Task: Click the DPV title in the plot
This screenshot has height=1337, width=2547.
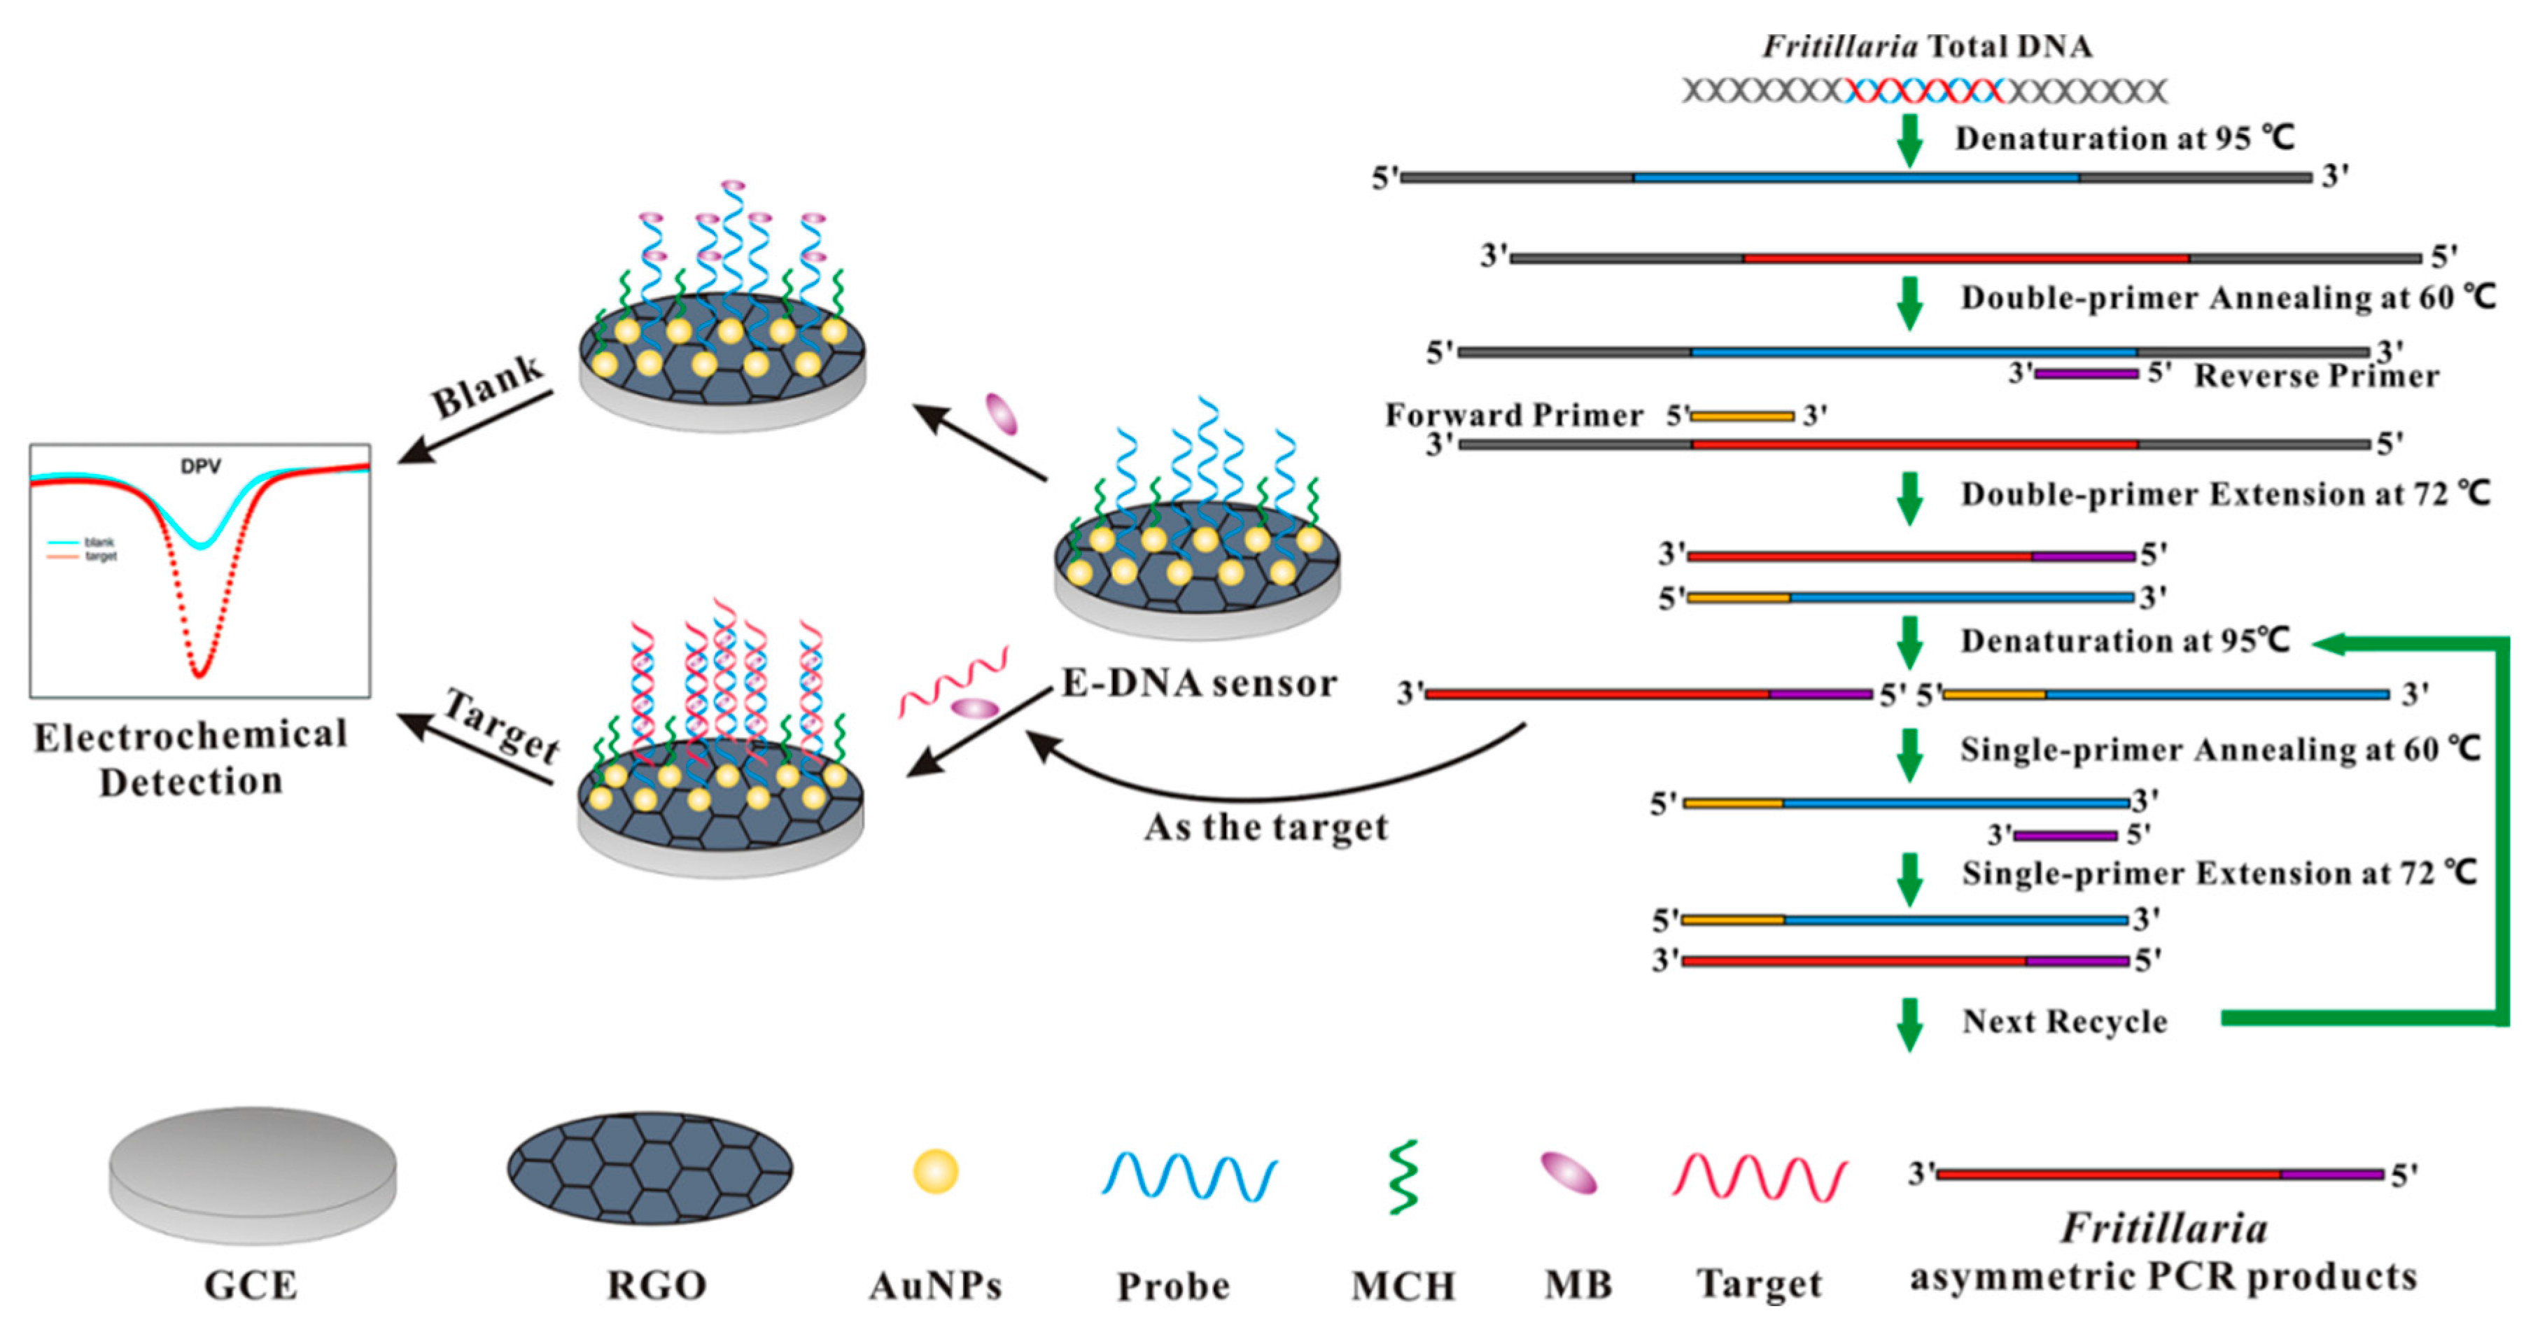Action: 201,465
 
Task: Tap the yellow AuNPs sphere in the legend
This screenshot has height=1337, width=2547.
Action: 935,1171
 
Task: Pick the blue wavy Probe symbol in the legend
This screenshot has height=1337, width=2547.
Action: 1188,1176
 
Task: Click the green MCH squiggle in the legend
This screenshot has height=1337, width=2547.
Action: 1403,1177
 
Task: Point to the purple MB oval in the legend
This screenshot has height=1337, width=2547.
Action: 1568,1174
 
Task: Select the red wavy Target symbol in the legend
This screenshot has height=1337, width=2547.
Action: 1759,1177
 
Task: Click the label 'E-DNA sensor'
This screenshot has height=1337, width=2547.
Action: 1198,683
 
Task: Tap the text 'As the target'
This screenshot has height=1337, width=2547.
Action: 1265,827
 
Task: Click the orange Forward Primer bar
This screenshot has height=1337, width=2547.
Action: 1742,416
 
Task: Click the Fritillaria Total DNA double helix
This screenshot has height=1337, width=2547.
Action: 1924,91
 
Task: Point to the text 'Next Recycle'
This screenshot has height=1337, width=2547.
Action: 2065,1021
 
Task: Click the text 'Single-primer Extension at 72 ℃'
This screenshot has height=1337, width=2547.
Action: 2219,873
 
